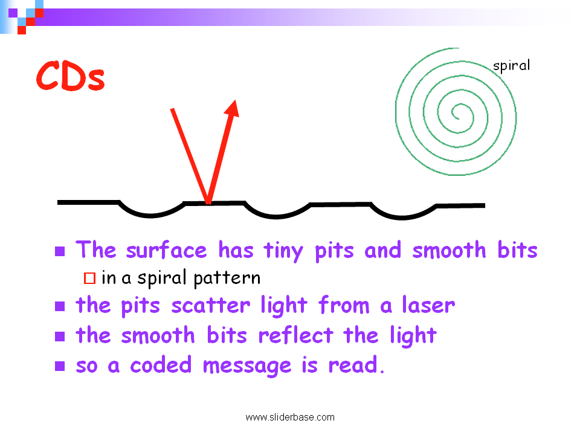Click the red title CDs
click(x=70, y=76)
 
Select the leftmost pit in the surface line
click(x=151, y=214)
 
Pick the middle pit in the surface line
click(x=277, y=216)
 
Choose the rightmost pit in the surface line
click(x=402, y=217)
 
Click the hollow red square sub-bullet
click(x=89, y=278)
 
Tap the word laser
click(x=428, y=305)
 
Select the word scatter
click(x=211, y=306)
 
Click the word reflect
click(x=296, y=335)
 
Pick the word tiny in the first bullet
click(x=283, y=251)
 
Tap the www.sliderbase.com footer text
click(x=290, y=417)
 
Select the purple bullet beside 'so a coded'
click(x=60, y=366)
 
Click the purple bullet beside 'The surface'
click(x=60, y=251)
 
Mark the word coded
click(x=161, y=364)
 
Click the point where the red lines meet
click(x=208, y=203)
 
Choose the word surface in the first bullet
click(x=167, y=250)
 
